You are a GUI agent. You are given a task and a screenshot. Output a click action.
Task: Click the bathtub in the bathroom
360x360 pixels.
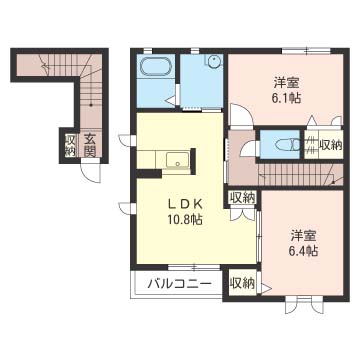tap(156, 68)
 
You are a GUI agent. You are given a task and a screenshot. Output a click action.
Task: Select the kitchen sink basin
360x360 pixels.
tap(178, 161)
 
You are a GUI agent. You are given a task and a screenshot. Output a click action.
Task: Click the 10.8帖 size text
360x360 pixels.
tap(185, 219)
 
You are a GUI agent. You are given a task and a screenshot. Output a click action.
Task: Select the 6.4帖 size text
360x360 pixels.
tap(302, 250)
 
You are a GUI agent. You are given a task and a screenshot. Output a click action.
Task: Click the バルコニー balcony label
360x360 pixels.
tap(180, 284)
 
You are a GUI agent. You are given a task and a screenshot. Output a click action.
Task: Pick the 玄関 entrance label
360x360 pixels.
tap(90, 145)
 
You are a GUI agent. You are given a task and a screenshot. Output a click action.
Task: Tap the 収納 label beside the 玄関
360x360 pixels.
tap(70, 145)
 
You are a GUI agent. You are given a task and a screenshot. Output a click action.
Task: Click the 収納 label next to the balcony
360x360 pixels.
tap(242, 283)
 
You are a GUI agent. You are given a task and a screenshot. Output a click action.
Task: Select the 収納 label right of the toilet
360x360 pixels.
tap(331, 145)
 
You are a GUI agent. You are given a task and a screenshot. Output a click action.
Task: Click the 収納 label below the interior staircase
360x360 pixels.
tap(242, 197)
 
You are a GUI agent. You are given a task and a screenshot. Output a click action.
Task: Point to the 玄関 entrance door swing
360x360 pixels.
tap(90, 171)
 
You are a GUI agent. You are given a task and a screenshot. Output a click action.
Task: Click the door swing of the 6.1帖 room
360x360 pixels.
tap(239, 115)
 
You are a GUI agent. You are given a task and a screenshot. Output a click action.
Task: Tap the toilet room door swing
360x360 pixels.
tap(249, 148)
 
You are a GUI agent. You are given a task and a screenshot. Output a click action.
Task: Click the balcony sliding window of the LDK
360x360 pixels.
tap(193, 267)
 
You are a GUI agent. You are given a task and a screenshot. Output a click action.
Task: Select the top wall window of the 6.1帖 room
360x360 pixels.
tap(306, 51)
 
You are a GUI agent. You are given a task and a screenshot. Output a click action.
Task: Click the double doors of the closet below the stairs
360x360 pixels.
tap(243, 214)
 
